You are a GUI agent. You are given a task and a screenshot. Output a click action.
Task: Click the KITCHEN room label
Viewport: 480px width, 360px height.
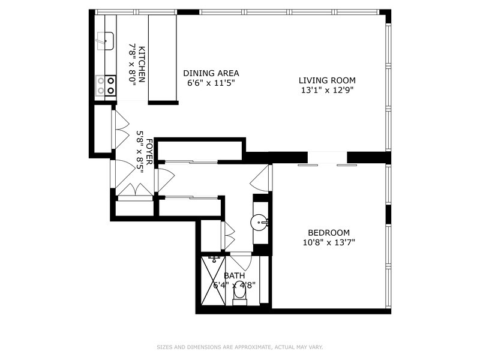click(x=142, y=64)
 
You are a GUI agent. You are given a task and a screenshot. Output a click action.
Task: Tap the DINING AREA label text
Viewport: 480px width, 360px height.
click(x=211, y=73)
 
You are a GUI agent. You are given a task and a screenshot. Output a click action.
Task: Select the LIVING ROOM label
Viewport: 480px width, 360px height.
click(x=327, y=80)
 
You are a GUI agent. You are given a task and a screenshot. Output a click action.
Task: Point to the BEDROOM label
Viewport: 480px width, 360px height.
click(x=329, y=233)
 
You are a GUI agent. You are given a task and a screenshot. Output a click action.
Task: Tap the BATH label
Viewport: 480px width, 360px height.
click(x=234, y=275)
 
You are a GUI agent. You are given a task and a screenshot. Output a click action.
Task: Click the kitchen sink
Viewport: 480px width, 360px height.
click(x=105, y=41)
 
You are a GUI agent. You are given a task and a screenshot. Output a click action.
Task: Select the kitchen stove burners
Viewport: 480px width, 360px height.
click(x=106, y=86)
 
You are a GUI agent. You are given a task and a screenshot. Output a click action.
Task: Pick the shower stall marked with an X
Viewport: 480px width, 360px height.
click(x=213, y=280)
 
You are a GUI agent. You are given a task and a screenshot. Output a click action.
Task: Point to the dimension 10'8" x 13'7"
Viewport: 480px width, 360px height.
click(x=329, y=243)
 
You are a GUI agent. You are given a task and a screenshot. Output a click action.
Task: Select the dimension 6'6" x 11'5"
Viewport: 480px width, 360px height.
click(x=211, y=83)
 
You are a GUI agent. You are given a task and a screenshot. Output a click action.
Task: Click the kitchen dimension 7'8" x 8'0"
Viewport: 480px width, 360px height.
click(x=131, y=64)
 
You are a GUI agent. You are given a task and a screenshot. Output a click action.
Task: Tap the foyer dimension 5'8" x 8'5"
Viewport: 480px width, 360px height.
click(x=140, y=152)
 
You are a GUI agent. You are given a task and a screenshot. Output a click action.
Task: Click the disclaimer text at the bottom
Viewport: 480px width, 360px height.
click(x=239, y=347)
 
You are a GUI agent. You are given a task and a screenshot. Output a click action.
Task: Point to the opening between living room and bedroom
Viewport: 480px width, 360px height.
click(x=327, y=158)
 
